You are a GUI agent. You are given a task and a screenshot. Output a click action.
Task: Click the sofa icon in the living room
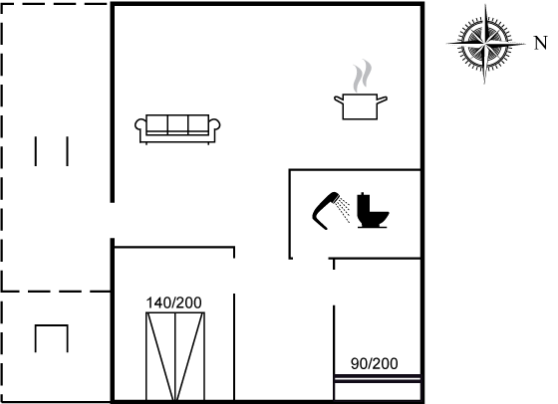pyautogui.click(x=177, y=129)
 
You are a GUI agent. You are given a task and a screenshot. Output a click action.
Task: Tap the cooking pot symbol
pyautogui.click(x=360, y=106)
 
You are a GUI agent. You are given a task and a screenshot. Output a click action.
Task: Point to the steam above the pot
pyautogui.click(x=362, y=76)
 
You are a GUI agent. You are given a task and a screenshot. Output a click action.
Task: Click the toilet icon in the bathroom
pyautogui.click(x=373, y=210)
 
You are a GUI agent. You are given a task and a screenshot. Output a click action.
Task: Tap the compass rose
pyautogui.click(x=485, y=44)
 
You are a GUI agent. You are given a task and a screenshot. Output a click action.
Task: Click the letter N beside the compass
pyautogui.click(x=540, y=44)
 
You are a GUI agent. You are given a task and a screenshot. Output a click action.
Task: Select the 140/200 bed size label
pyautogui.click(x=174, y=303)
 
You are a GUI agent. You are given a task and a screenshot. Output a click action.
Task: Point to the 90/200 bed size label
pyautogui.click(x=374, y=364)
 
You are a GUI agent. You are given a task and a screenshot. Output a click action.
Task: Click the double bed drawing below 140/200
pyautogui.click(x=175, y=356)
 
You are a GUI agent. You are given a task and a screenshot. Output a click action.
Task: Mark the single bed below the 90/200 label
pyautogui.click(x=378, y=387)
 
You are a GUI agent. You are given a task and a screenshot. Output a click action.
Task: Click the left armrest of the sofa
pyautogui.click(x=140, y=125)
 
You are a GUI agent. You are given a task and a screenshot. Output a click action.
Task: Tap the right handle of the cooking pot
pyautogui.click(x=382, y=100)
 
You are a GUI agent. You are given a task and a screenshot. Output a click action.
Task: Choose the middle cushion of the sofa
pyautogui.click(x=177, y=123)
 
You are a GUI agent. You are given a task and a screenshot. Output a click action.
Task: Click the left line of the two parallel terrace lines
pyautogui.click(x=36, y=151)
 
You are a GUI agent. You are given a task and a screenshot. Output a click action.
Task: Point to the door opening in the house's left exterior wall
pyautogui.click(x=112, y=220)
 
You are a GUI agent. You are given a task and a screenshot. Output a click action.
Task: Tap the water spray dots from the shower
pyautogui.click(x=344, y=210)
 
